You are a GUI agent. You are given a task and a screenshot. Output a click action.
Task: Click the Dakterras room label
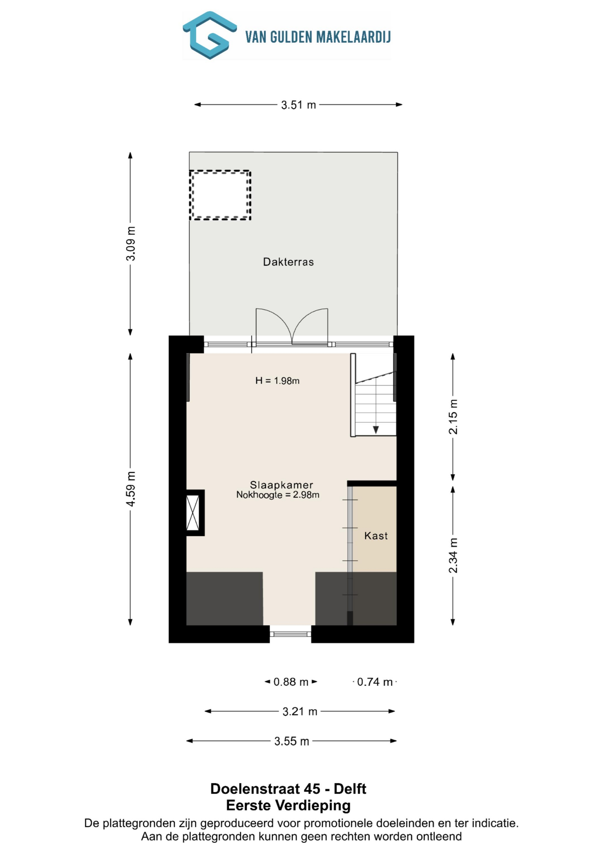[x=288, y=262]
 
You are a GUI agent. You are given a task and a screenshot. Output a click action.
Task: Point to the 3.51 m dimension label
[x=298, y=105]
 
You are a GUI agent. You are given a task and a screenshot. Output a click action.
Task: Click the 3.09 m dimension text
[x=131, y=243]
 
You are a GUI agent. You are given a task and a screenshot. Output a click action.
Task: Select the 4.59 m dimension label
[x=131, y=489]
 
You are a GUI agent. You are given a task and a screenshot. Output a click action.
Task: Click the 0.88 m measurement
[x=291, y=682]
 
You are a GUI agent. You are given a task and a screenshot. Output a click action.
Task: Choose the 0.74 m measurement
[x=375, y=682]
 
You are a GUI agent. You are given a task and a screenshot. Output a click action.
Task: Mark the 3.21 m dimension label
[x=300, y=711]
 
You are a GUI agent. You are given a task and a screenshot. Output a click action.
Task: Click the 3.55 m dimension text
[x=292, y=741]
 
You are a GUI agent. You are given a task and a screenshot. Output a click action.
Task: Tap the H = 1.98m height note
[x=278, y=381]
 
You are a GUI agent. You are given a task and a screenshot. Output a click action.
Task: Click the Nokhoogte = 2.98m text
[x=278, y=495]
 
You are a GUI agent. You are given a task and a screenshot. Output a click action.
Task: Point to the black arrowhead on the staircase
[x=376, y=430]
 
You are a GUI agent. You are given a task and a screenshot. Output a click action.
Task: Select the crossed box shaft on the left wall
[x=193, y=513]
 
